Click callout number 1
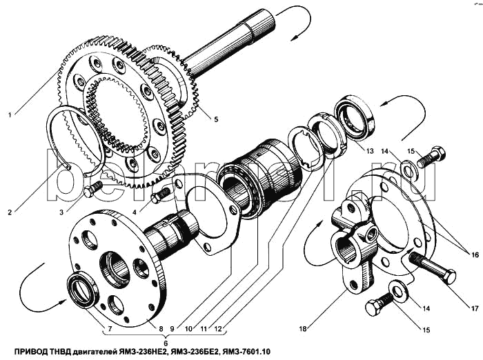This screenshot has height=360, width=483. [8, 114]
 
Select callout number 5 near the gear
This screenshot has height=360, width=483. [216, 119]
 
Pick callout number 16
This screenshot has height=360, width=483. [474, 255]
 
